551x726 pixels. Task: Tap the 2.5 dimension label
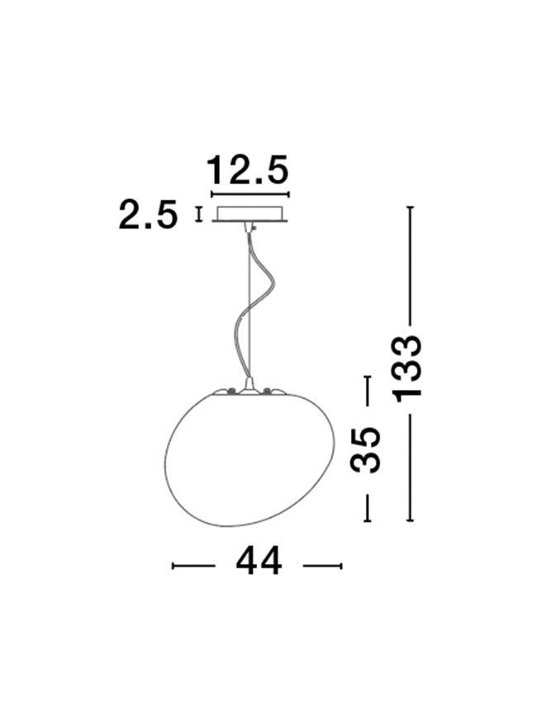(x=148, y=215)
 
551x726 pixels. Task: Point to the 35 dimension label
(x=365, y=450)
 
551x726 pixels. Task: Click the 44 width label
(x=259, y=560)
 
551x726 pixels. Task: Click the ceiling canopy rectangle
(x=250, y=213)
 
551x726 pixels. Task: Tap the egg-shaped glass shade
(x=249, y=458)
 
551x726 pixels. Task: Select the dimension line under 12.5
(x=250, y=194)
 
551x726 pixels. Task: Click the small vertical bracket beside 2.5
(x=199, y=215)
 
